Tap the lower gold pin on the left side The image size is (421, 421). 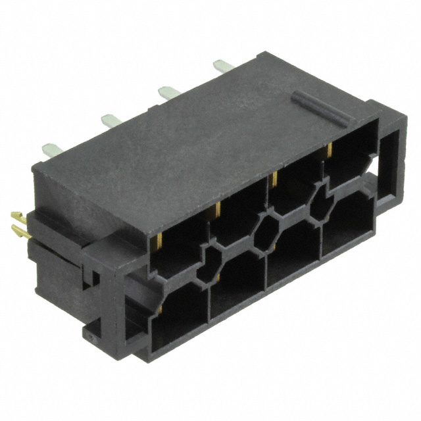(18, 230)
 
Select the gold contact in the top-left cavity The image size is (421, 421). (161, 240)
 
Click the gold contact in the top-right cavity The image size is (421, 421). (327, 150)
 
